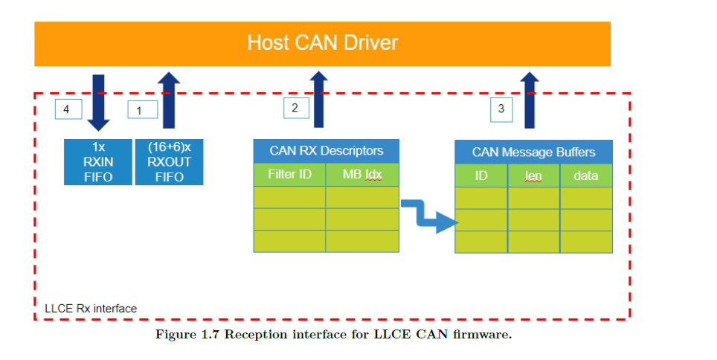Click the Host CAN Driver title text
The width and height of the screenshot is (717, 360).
322,42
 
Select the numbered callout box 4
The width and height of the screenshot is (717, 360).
67,109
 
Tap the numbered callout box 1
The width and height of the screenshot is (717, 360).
139,110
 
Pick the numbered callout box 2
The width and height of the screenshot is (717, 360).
295,108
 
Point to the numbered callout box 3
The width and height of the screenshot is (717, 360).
501,109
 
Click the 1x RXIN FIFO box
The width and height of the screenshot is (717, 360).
98,162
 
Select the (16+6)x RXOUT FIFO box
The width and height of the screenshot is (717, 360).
170,162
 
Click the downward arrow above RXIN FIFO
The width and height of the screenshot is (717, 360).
98,100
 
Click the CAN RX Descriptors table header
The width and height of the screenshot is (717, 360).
326,151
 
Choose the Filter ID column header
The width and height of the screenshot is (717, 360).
289,176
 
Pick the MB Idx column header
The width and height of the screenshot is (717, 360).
361,176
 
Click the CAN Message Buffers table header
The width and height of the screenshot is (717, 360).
533,152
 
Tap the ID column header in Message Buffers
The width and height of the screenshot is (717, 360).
481,176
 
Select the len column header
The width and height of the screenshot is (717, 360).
533,176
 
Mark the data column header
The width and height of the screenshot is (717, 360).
586,176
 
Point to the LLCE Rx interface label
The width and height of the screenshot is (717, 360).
90,307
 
